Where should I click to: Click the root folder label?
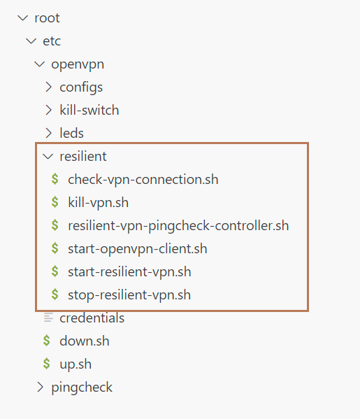point(47,18)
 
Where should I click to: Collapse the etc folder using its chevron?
point(31,41)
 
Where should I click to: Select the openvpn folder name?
point(78,65)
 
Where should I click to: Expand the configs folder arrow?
point(48,87)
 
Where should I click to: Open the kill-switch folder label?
point(89,110)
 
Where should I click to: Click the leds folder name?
point(71,133)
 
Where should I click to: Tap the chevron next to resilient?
point(48,157)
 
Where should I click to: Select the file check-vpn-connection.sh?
point(143,179)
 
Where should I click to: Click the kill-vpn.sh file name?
point(99,203)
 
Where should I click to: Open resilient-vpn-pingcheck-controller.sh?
point(178,226)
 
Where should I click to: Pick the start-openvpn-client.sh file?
point(138,249)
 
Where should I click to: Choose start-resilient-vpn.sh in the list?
point(129,272)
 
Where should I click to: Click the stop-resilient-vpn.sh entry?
point(129,295)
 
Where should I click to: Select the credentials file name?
point(92,318)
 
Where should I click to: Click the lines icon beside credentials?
point(48,318)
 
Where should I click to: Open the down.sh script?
point(85,341)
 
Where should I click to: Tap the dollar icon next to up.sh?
point(46,364)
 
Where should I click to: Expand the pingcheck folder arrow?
point(40,387)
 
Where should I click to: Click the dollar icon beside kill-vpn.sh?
point(55,202)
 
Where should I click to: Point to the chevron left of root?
point(22,18)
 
